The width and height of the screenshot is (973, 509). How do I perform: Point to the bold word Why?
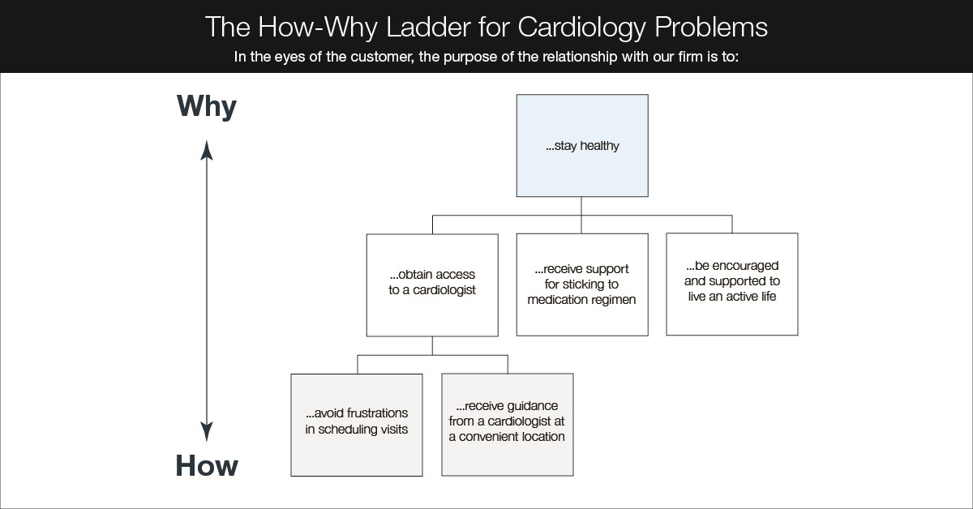pyautogui.click(x=207, y=107)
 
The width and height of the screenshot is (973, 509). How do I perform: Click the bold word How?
pyautogui.click(x=207, y=466)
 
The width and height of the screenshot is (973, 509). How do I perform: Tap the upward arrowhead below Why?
pyautogui.click(x=207, y=150)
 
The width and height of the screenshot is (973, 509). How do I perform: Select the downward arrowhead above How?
pyautogui.click(x=207, y=431)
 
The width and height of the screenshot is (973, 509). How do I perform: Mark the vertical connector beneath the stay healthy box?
pyautogui.click(x=582, y=206)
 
